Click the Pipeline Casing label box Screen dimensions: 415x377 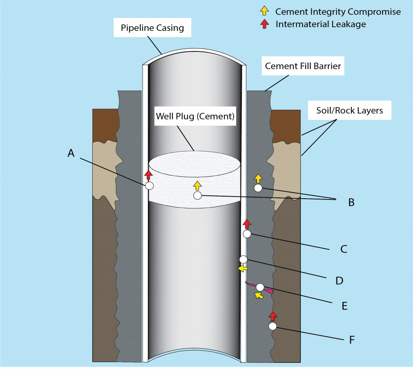pyautogui.click(x=152, y=28)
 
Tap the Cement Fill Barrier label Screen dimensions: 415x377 pyautogui.click(x=303, y=66)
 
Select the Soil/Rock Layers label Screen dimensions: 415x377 pyautogui.click(x=349, y=110)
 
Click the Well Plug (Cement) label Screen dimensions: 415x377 pyautogui.click(x=195, y=116)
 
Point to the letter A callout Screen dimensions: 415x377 pyautogui.click(x=71, y=153)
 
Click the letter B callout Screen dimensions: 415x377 pyautogui.click(x=351, y=202)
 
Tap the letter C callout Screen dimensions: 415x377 pyautogui.click(x=344, y=249)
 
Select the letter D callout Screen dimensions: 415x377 pyautogui.click(x=339, y=281)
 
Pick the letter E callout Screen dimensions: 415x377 pyautogui.click(x=344, y=306)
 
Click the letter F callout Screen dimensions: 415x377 pyautogui.click(x=352, y=340)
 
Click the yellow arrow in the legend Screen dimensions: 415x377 pyautogui.click(x=264, y=11)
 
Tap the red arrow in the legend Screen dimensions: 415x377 pyautogui.click(x=264, y=24)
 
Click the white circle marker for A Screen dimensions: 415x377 pyautogui.click(x=149, y=186)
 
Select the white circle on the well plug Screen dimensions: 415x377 pyautogui.click(x=197, y=195)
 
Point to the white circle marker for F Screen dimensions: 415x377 pyautogui.click(x=272, y=326)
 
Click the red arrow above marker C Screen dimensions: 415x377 pyautogui.click(x=247, y=224)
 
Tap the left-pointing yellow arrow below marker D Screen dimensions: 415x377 pyautogui.click(x=242, y=268)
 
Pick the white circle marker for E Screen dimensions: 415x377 pyautogui.click(x=260, y=287)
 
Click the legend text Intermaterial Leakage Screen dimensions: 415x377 pyautogui.click(x=321, y=24)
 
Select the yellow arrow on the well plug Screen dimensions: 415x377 pyautogui.click(x=197, y=186)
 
